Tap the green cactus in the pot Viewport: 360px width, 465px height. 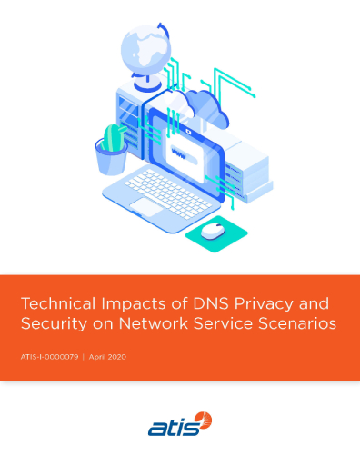point(112,139)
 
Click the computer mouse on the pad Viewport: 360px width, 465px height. point(213,230)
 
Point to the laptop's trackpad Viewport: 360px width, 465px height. point(145,207)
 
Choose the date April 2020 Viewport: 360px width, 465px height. point(106,356)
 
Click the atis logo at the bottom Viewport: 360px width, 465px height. point(180,424)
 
